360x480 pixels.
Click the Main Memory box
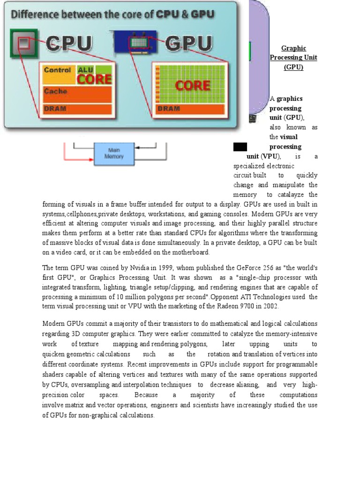(x=113, y=154)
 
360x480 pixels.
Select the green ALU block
(x=85, y=69)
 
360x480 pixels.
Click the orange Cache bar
(x=77, y=93)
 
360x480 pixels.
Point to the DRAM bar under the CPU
(x=77, y=109)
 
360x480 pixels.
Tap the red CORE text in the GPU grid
(x=192, y=86)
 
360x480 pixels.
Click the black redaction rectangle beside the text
(x=240, y=147)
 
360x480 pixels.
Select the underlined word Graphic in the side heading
(x=293, y=48)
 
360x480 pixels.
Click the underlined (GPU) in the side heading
(x=293, y=67)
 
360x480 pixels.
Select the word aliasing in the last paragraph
(x=245, y=384)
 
